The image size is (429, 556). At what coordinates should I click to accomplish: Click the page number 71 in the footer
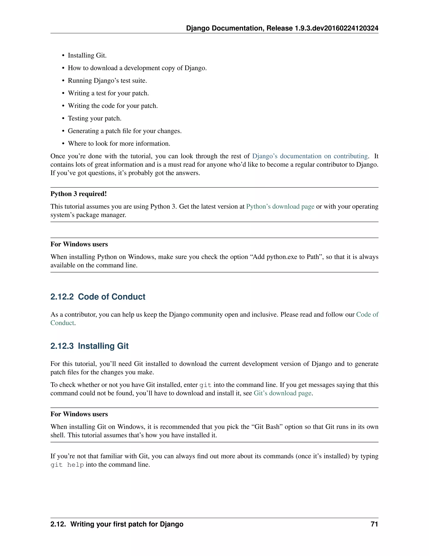[x=374, y=524]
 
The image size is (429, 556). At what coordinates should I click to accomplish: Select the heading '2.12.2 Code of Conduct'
[x=98, y=297]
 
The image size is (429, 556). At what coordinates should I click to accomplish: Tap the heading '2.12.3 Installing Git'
[x=89, y=346]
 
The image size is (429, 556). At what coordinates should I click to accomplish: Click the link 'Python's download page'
[x=280, y=206]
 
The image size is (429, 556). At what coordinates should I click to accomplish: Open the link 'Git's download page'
[x=283, y=393]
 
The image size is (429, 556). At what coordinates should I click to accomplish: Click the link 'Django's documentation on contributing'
[x=310, y=156]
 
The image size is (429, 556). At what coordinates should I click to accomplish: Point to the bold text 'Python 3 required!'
[x=79, y=194]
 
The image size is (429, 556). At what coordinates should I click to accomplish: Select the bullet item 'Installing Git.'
[x=87, y=56]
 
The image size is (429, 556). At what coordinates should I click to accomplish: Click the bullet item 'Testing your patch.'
[x=94, y=118]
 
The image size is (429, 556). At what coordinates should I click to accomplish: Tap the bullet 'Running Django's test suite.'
[x=107, y=81]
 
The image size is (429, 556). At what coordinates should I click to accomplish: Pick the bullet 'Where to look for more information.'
[x=119, y=144]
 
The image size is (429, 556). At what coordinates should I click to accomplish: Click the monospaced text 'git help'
[x=67, y=465]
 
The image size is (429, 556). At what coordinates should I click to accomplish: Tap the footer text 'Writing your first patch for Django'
[x=127, y=524]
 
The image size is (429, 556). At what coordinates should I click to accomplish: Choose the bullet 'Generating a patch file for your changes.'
[x=125, y=131]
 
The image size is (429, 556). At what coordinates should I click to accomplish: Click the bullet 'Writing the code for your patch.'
[x=112, y=106]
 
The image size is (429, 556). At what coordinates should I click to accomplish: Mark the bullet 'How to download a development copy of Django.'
[x=137, y=68]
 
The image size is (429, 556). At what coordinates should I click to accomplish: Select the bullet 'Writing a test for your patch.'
[x=108, y=93]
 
